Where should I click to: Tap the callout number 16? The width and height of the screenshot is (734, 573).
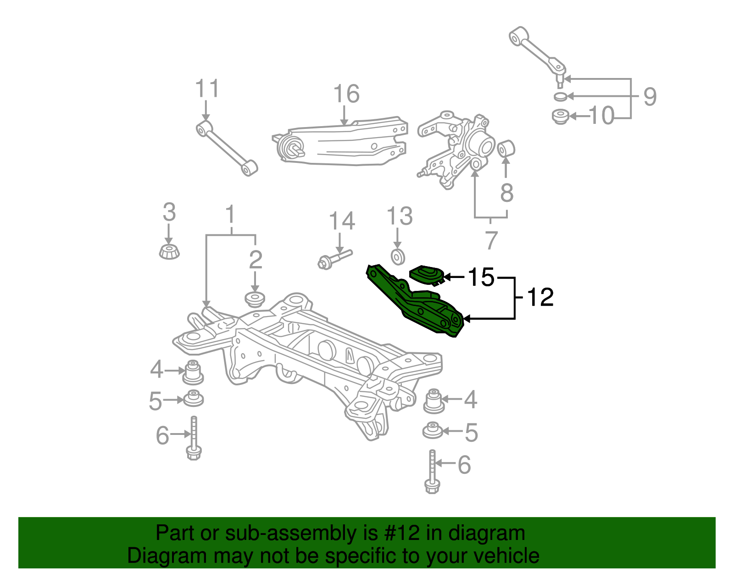[x=346, y=94]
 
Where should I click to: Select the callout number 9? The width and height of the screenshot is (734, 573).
[x=650, y=97]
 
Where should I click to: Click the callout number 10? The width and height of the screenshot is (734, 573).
[x=601, y=116]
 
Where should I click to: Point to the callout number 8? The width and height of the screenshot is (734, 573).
[x=506, y=193]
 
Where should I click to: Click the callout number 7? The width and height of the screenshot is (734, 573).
[x=491, y=240]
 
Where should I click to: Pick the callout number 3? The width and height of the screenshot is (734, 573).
[x=169, y=213]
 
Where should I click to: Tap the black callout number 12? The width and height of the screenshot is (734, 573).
[x=540, y=297]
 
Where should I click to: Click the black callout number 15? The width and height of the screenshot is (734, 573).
[x=481, y=277]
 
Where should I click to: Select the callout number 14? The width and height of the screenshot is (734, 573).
[x=342, y=221]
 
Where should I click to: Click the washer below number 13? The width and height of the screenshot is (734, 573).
[x=397, y=257]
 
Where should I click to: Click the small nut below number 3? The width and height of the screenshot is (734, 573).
[x=169, y=251]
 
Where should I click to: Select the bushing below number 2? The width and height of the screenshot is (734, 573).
[x=255, y=299]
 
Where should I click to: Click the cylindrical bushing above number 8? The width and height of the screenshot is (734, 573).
[x=506, y=148]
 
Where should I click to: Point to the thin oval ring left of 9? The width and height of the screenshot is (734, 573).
[x=560, y=96]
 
